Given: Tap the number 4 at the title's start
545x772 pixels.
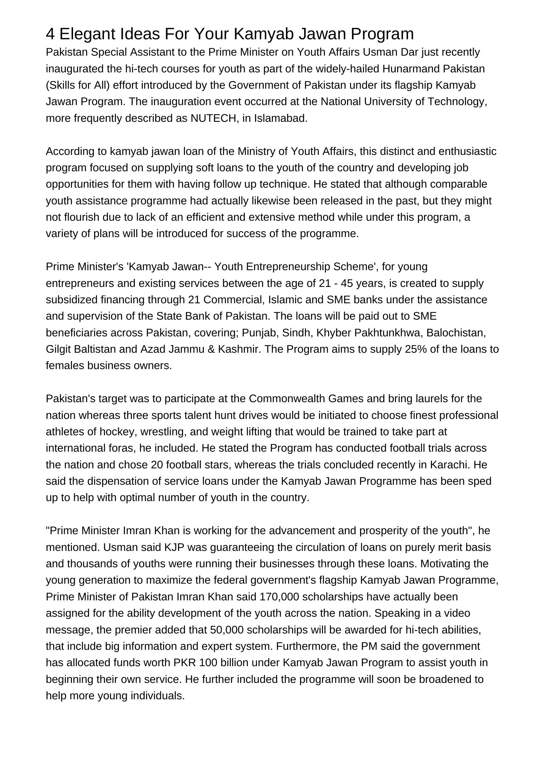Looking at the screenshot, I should (51, 34).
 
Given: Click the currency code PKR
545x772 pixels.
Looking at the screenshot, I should (185, 663).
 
